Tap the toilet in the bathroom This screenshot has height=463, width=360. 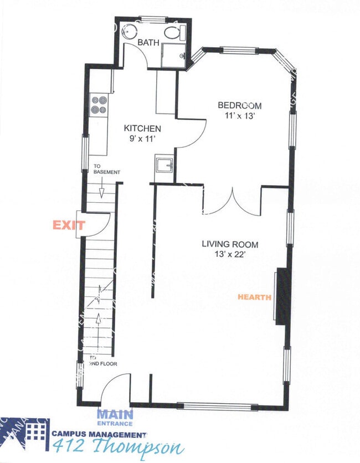click(x=177, y=32)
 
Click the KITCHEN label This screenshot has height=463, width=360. click(x=142, y=128)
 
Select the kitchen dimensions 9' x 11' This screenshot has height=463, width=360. click(x=142, y=138)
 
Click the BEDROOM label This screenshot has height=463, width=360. click(x=239, y=105)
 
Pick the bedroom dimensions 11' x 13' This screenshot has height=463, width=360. click(x=239, y=116)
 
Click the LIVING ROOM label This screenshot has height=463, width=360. click(x=230, y=244)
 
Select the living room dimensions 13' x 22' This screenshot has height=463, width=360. click(x=230, y=255)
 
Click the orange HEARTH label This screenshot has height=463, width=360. click(x=254, y=297)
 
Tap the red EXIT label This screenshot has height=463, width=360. click(x=69, y=225)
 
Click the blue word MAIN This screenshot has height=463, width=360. click(x=115, y=413)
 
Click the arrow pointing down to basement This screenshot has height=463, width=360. click(x=102, y=191)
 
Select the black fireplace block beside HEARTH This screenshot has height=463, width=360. click(x=281, y=296)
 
